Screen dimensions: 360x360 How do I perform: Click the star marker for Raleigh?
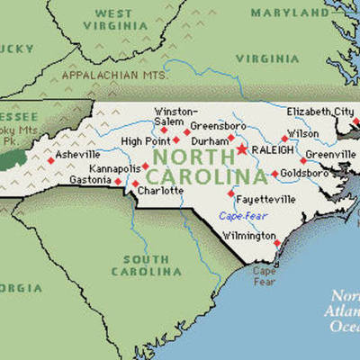(241, 149)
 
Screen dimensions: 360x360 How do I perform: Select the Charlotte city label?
(161, 190)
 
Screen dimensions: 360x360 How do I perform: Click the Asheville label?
(77, 155)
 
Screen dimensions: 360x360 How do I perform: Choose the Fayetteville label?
(266, 197)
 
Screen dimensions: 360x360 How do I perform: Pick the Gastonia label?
(90, 180)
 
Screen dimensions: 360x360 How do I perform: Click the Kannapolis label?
(113, 169)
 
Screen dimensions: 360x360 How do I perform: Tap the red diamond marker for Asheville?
(50, 160)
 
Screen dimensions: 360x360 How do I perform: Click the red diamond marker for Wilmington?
(277, 242)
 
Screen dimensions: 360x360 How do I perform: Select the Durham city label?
(211, 141)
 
